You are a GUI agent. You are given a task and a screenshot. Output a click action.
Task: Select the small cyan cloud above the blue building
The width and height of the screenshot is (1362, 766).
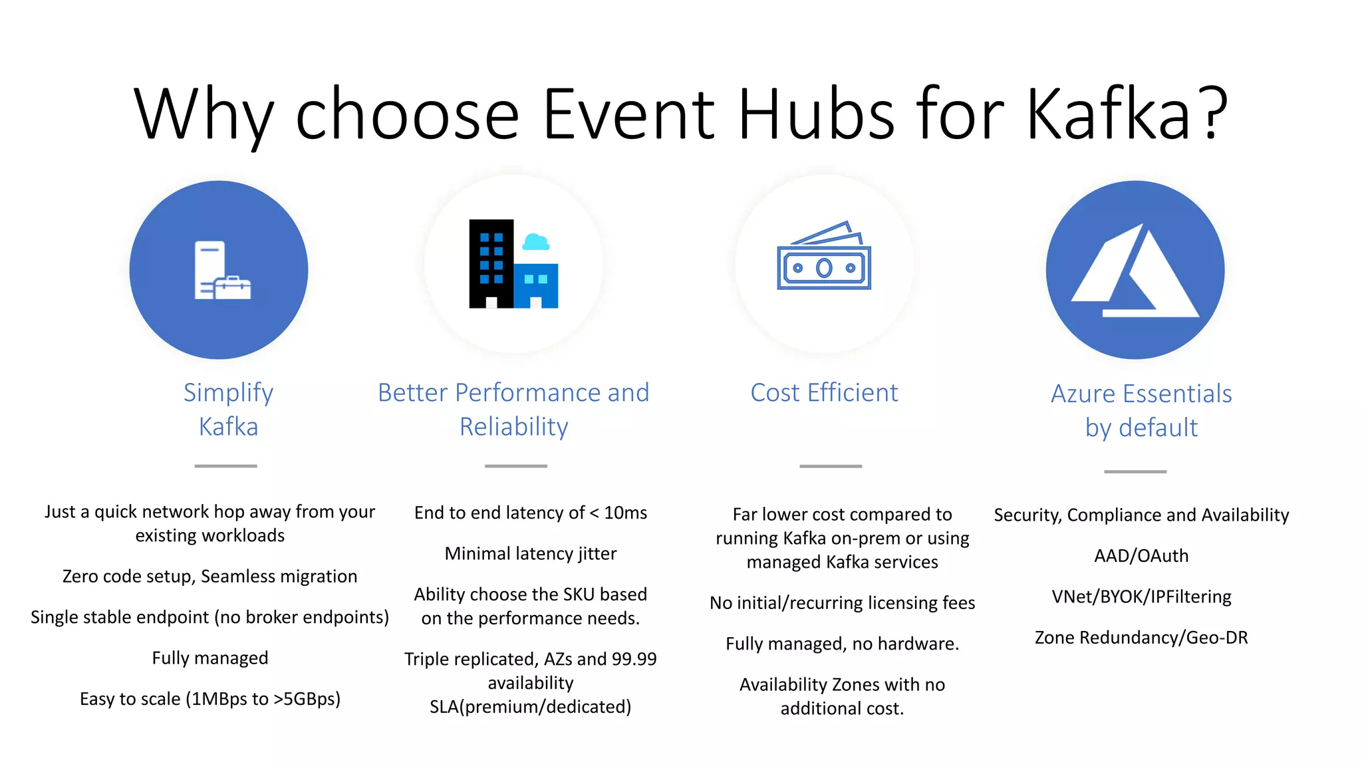(x=535, y=242)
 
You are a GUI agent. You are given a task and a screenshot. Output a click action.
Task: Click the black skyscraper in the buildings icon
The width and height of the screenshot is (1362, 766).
(x=491, y=263)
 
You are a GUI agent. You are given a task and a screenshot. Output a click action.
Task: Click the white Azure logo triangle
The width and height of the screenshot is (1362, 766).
(x=1135, y=273)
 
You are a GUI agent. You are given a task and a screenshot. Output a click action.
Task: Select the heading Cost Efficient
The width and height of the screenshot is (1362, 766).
(x=824, y=393)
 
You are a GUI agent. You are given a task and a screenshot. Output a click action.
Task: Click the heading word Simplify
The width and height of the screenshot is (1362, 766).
(x=228, y=393)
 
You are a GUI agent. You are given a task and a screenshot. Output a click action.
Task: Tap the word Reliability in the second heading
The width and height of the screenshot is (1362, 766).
(x=513, y=427)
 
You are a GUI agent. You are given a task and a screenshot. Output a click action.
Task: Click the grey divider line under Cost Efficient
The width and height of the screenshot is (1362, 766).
(x=830, y=466)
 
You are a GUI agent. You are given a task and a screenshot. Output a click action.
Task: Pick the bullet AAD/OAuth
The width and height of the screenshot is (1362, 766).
(x=1141, y=556)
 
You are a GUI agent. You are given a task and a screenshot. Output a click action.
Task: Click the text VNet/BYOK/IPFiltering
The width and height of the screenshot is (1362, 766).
(x=1141, y=596)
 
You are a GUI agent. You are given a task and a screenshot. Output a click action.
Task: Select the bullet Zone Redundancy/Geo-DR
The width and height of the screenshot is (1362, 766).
(x=1141, y=638)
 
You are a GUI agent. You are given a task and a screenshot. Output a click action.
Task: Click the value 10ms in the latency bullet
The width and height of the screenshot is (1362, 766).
(x=625, y=513)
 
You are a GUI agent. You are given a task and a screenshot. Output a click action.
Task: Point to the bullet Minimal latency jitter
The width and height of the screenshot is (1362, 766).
(x=530, y=554)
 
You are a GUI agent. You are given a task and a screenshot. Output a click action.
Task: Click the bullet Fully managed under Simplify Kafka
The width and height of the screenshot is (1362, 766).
(x=210, y=658)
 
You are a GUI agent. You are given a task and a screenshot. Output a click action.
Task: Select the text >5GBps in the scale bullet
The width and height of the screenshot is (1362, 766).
(x=307, y=699)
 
